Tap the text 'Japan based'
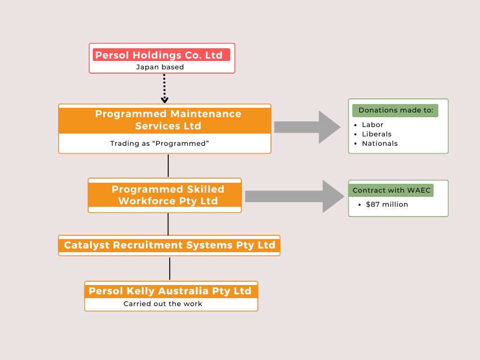coord(160,67)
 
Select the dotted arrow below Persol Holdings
coord(165,89)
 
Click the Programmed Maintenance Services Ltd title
coord(168,120)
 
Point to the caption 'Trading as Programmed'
coord(158,143)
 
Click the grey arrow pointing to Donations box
coord(307,127)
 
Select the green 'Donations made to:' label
coord(396,111)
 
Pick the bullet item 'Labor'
coord(373,125)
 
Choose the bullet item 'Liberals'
coord(376,134)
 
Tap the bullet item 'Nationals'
coord(380,143)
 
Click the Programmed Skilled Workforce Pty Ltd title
coord(168,195)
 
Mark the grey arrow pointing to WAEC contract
coord(294,196)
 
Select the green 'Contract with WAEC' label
coord(391,190)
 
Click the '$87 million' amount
coord(387,204)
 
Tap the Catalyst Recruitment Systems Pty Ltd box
coord(169,245)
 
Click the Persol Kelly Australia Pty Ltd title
coord(170,291)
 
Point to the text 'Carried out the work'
coord(163,304)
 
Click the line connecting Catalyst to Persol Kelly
coord(170,268)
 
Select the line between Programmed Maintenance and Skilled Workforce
coord(168,165)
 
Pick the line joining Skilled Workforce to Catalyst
coord(168,224)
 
